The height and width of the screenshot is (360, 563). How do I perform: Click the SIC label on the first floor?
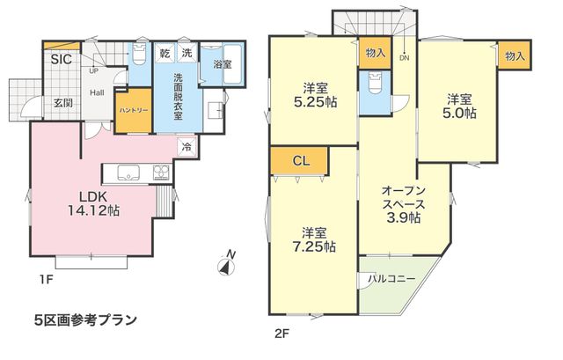point(61,59)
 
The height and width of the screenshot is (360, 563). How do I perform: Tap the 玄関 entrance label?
point(63,103)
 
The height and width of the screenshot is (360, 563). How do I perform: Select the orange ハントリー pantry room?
point(134,111)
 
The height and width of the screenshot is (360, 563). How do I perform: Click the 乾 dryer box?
point(165,53)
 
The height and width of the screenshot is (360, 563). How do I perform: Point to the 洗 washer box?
point(187,53)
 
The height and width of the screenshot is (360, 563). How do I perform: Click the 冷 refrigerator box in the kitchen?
point(187,147)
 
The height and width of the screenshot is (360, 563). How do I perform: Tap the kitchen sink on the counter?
point(128,173)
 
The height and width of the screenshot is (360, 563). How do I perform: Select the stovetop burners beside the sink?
point(162,173)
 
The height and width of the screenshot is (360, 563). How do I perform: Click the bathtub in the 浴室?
point(233,64)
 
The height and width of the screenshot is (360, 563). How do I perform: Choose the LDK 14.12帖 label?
point(94,203)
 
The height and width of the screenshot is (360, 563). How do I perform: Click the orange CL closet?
point(299,160)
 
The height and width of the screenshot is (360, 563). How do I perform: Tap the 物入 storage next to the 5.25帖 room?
point(376,53)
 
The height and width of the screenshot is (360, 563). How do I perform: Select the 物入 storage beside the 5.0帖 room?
point(515,55)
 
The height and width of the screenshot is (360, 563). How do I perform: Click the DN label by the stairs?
point(405,58)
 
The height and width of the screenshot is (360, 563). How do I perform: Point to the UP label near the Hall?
point(93,71)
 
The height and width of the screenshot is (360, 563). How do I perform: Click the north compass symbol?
point(227,264)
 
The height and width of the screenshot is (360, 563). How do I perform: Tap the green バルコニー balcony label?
point(392,279)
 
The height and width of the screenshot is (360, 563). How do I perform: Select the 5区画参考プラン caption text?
point(86,320)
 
